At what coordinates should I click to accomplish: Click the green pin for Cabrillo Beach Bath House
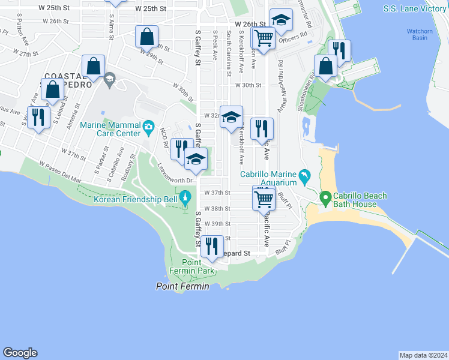326,197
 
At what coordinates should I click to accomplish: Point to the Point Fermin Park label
191,267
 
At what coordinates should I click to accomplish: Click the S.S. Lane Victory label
415,8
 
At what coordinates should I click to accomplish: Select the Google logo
20,353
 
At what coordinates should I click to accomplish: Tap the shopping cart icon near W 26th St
264,38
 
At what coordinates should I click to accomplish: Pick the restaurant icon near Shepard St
212,247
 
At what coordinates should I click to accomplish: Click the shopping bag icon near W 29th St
146,37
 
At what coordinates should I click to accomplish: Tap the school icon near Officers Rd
281,20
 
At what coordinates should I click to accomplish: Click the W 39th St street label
217,223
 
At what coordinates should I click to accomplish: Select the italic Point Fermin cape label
182,287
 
